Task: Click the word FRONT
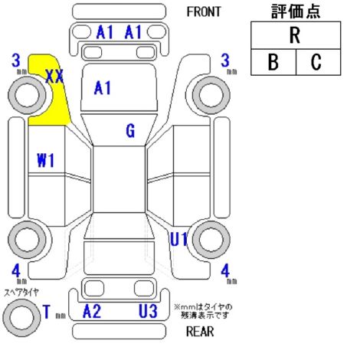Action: (x=204, y=11)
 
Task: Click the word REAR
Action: (x=200, y=332)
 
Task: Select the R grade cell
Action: (x=296, y=35)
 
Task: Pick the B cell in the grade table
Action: (x=273, y=62)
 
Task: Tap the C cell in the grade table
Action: (x=318, y=62)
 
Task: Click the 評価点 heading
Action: (x=296, y=11)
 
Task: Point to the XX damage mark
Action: (x=54, y=76)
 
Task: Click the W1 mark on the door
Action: (x=46, y=161)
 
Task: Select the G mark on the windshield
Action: (x=130, y=130)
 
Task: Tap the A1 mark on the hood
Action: (x=103, y=88)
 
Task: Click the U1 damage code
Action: (x=179, y=239)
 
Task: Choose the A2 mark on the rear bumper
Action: (x=92, y=311)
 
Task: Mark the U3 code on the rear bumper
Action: (x=148, y=311)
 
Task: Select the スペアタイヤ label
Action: (x=21, y=292)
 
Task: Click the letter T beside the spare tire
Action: (x=47, y=312)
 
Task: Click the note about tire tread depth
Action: (x=204, y=311)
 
